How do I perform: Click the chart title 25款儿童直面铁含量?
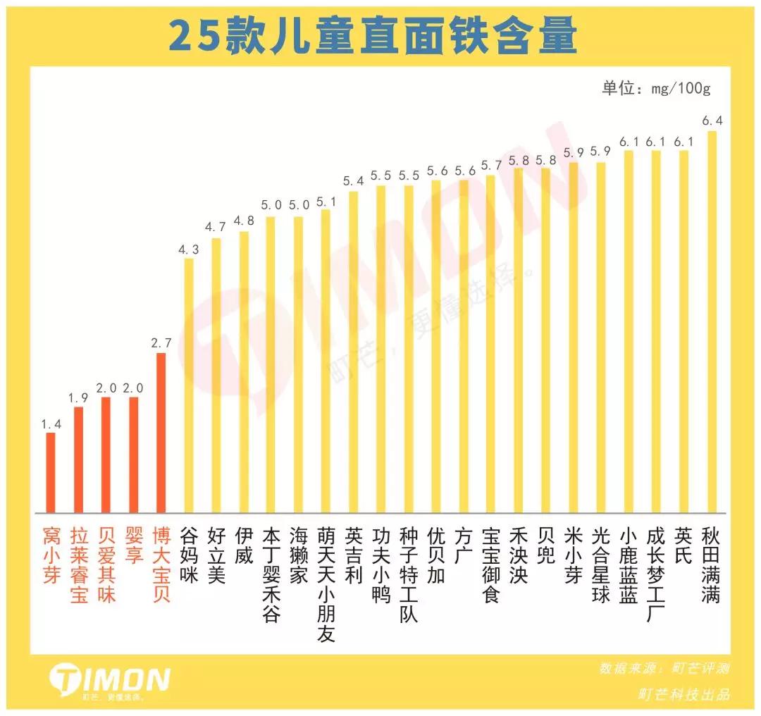[x=373, y=37]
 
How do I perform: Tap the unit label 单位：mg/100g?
[x=657, y=89]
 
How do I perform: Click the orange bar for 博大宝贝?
[x=161, y=433]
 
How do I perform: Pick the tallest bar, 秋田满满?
[x=712, y=321]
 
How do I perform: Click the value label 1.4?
[x=51, y=424]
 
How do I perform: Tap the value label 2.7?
[x=161, y=343]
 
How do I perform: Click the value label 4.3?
[x=189, y=249]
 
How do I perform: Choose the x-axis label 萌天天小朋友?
[x=326, y=575]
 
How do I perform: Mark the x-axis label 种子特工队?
[x=409, y=564]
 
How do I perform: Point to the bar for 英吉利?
[x=354, y=352]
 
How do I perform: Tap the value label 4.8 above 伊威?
[x=244, y=220]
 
